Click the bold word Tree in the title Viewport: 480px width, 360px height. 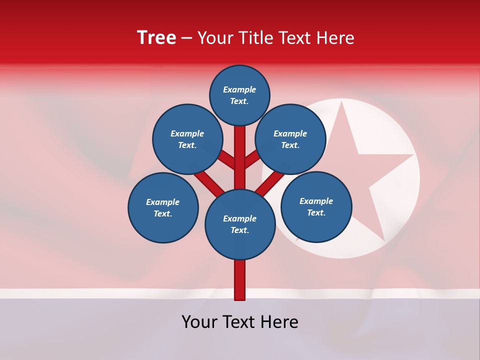coord(156,37)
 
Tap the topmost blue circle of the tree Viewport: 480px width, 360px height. coord(239,95)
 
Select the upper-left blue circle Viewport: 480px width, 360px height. coord(187,139)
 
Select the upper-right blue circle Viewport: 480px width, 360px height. coord(290,139)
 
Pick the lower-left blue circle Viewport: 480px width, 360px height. coord(163,207)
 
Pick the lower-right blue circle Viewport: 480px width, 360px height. coord(316,206)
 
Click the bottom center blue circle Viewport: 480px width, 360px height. coord(240,224)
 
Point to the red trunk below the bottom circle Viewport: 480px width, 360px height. coord(240,280)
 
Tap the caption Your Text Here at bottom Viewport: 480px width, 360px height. coord(240,322)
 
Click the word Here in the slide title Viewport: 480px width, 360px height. coord(336,37)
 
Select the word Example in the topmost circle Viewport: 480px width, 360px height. coord(239,89)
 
